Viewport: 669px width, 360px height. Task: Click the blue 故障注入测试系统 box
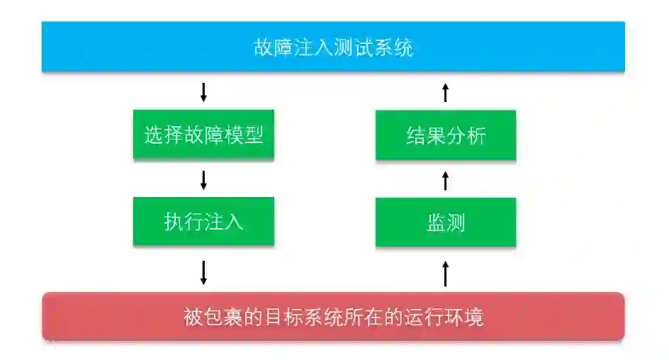point(333,47)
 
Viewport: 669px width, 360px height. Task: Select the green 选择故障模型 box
point(203,135)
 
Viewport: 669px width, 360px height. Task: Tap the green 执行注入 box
point(203,222)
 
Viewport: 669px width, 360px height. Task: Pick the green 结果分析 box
point(446,135)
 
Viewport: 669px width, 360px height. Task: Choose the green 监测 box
point(446,222)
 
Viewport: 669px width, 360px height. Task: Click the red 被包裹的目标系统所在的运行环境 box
point(333,317)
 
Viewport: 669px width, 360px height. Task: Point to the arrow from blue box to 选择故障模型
point(203,91)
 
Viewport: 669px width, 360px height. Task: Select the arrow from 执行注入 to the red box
point(203,272)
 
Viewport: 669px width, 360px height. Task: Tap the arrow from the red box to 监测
point(446,273)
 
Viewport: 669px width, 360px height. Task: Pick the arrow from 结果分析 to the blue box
point(446,91)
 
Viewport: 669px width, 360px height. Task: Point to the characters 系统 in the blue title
point(393,47)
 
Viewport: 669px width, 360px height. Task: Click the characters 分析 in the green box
point(466,135)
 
